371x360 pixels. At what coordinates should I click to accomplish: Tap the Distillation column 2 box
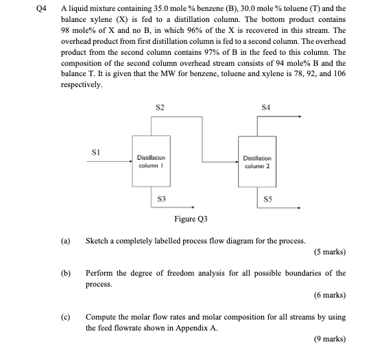pyautogui.click(x=256, y=161)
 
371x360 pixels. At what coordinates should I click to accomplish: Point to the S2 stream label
pyautogui.click(x=159, y=108)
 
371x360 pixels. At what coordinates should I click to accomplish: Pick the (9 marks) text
pyautogui.click(x=328, y=339)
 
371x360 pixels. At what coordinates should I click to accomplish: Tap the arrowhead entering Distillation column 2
pyautogui.click(x=235, y=161)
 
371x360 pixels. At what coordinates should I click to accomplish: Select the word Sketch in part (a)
pyautogui.click(x=97, y=241)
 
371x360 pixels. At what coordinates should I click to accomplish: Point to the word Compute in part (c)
pyautogui.click(x=101, y=317)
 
